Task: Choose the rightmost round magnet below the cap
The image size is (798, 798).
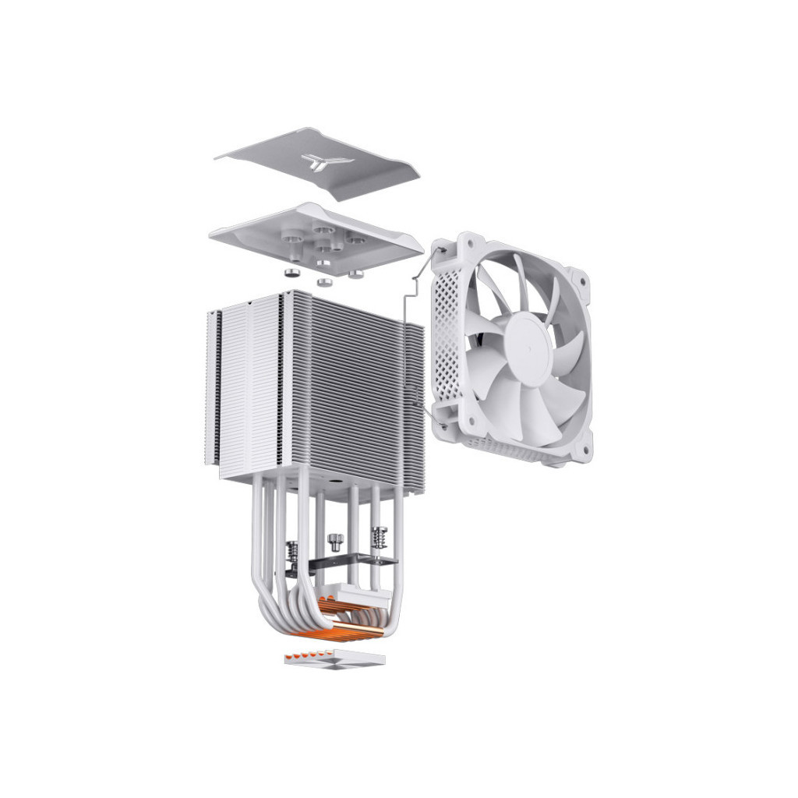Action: click(x=356, y=274)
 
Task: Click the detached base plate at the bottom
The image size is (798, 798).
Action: click(x=334, y=659)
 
